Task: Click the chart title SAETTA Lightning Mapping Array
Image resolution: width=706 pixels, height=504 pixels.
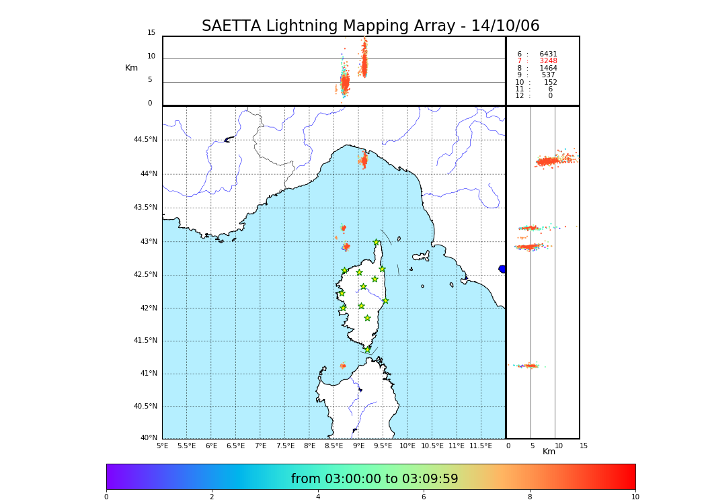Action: tap(370, 26)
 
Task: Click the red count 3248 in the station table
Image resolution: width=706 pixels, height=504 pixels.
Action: tap(548, 61)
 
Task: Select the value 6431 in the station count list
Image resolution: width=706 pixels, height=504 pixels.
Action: tap(548, 54)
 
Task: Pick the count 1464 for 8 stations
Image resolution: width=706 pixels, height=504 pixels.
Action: tap(548, 68)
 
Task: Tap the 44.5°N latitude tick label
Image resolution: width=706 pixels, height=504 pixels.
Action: tap(145, 140)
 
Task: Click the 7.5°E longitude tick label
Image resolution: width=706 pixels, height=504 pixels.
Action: tap(285, 446)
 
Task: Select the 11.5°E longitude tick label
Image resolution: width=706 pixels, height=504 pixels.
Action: tap(481, 446)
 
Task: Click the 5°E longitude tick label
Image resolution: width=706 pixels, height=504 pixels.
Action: tap(163, 446)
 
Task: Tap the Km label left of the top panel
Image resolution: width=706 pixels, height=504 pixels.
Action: tap(131, 68)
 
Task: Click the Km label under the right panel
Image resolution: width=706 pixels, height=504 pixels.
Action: tap(549, 452)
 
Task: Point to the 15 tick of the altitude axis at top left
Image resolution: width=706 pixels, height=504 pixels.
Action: tap(151, 33)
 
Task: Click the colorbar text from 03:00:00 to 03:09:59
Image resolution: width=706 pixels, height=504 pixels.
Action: tap(375, 479)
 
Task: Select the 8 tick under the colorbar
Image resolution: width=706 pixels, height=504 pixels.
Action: tap(530, 497)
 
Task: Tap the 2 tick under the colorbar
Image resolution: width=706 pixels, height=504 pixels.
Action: tap(212, 497)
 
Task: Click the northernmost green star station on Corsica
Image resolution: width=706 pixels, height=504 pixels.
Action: tap(377, 243)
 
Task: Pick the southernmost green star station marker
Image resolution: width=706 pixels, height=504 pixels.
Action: tap(367, 349)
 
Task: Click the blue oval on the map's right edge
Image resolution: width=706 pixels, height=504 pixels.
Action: tap(502, 269)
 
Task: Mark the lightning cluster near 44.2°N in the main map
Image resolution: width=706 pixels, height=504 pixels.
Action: tap(364, 161)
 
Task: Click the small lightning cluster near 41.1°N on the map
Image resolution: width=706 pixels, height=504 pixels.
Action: tap(343, 366)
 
